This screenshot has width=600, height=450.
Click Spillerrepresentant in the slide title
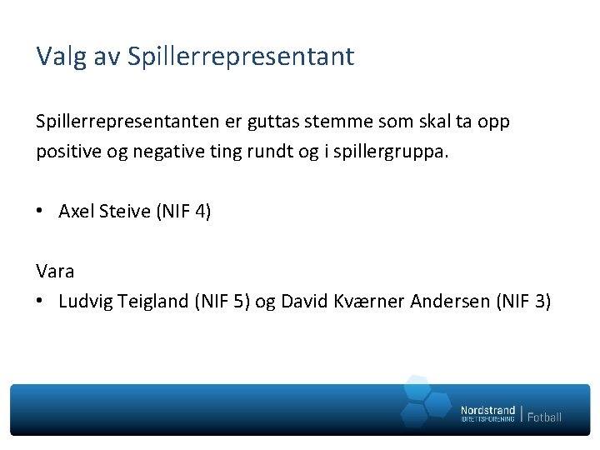click(x=241, y=57)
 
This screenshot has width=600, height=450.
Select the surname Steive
click(x=124, y=212)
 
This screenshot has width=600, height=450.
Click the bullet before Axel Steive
click(x=40, y=212)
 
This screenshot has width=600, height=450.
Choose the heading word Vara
click(x=55, y=271)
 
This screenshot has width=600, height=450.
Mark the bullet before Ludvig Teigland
click(x=40, y=301)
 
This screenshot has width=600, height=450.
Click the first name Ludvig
click(x=82, y=301)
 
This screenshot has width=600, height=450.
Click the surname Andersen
click(x=449, y=301)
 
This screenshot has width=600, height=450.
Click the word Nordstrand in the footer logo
click(x=487, y=410)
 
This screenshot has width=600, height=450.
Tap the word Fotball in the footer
click(x=544, y=416)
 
